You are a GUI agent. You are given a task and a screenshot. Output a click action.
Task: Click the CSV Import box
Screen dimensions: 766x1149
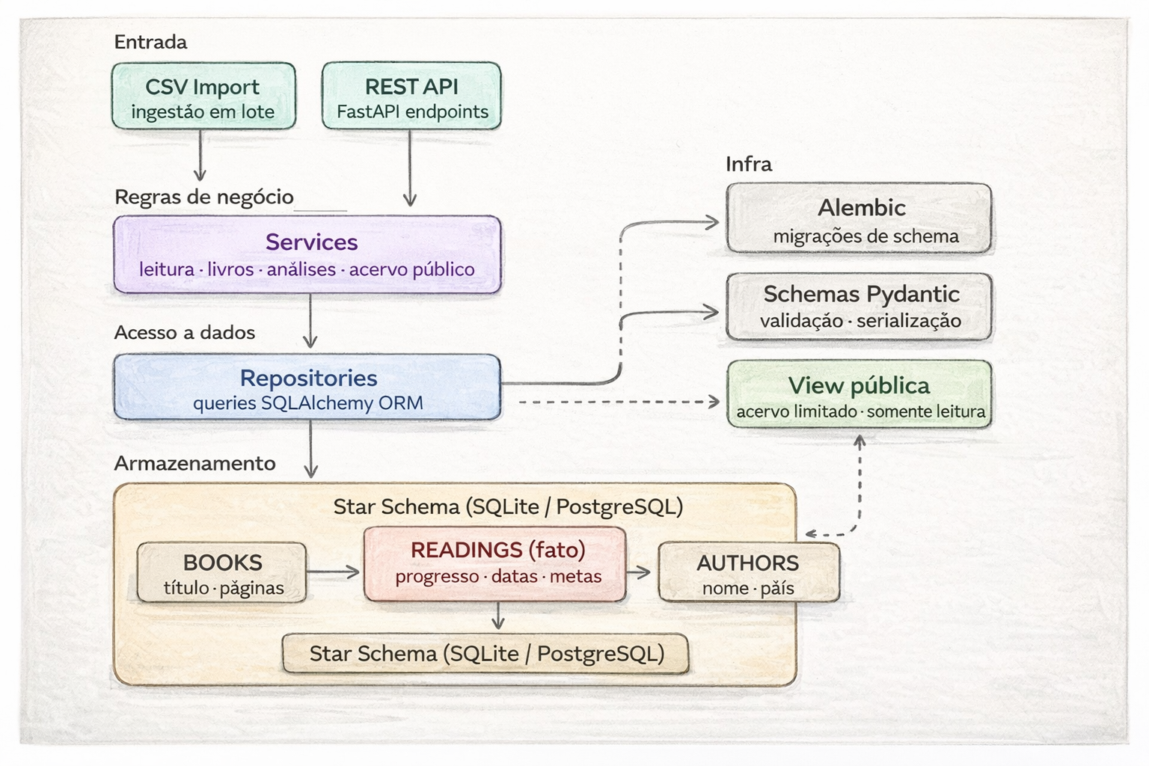tap(203, 96)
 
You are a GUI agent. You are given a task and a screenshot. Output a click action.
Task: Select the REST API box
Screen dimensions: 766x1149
tap(411, 96)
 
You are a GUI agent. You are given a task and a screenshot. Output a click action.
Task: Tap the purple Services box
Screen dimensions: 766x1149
tap(307, 254)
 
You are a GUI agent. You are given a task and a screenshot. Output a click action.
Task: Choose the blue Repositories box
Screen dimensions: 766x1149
tap(307, 387)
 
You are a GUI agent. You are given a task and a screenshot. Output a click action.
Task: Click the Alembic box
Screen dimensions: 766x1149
tap(859, 218)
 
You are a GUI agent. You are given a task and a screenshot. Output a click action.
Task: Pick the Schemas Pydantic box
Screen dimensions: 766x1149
tap(859, 307)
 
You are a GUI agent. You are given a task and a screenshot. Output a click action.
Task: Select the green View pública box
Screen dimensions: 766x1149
tap(859, 394)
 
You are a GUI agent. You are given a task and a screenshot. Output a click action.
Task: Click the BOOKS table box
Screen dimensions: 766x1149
tap(222, 573)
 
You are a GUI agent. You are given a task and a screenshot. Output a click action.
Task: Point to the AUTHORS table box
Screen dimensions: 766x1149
tap(749, 573)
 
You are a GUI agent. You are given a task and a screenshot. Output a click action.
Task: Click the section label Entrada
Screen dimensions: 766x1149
tap(150, 42)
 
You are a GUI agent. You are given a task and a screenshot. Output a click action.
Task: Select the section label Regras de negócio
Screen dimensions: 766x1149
tap(203, 197)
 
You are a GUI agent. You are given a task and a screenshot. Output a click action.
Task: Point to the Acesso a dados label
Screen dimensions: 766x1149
tap(184, 332)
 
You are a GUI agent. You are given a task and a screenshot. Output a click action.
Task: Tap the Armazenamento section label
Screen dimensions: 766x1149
tap(194, 463)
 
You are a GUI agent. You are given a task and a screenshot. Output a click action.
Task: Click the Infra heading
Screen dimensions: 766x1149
tap(748, 164)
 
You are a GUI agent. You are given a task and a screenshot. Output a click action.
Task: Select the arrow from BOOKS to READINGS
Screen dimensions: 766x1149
tap(334, 573)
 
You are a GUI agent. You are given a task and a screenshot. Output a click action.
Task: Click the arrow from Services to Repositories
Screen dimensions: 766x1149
tap(310, 320)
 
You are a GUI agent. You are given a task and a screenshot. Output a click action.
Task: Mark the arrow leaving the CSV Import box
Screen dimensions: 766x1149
tap(200, 156)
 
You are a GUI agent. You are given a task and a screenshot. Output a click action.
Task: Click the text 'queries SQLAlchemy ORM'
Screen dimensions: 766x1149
tap(307, 403)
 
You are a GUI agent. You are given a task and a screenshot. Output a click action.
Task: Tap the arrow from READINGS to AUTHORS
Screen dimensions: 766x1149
tap(638, 573)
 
